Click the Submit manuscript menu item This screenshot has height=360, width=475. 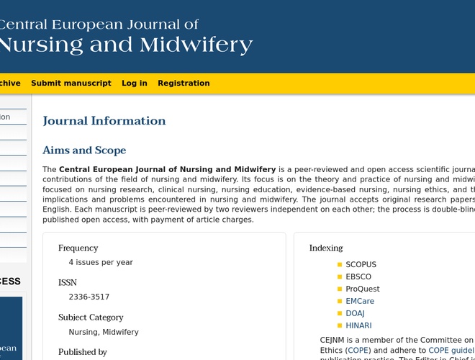71,84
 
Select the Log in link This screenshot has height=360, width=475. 134,84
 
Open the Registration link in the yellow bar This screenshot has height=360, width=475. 184,84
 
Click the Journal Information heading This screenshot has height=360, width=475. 104,121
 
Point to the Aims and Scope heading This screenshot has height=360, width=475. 84,150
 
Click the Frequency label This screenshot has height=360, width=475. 78,248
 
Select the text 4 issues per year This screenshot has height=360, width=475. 101,263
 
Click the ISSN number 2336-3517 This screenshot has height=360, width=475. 89,297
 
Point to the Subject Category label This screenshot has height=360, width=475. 91,318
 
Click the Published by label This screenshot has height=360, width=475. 82,352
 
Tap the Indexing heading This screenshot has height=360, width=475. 326,248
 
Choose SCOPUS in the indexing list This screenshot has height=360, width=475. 361,265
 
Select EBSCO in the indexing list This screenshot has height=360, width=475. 358,277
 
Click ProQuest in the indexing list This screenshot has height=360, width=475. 362,289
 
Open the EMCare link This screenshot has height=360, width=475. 360,302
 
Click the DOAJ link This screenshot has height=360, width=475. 355,314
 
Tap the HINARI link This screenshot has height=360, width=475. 358,326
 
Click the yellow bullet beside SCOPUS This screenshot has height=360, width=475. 340,265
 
